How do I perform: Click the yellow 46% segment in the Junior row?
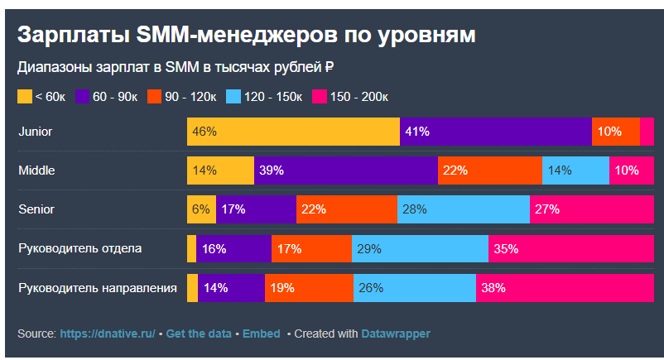click(x=293, y=132)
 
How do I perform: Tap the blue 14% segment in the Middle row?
click(x=575, y=170)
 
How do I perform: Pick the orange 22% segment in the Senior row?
click(x=346, y=209)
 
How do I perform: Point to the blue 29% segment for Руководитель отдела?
click(x=420, y=248)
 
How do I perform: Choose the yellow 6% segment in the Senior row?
click(x=201, y=209)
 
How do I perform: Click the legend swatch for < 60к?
click(x=25, y=97)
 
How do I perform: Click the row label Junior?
click(x=36, y=132)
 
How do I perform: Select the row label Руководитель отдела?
click(x=80, y=248)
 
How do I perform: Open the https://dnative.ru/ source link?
click(x=108, y=334)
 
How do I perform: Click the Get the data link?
click(x=198, y=334)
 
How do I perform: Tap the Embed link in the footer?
click(x=261, y=334)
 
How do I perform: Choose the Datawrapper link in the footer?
click(x=396, y=334)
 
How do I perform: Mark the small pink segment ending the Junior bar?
click(x=647, y=132)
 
